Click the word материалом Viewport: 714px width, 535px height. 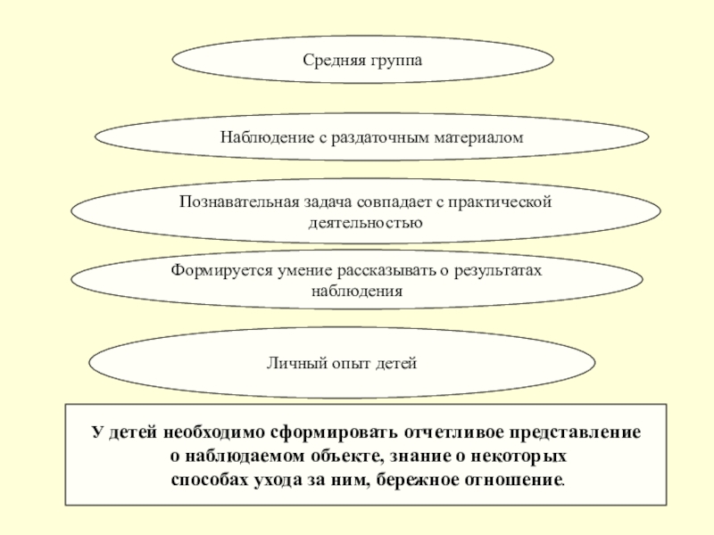tap(478, 138)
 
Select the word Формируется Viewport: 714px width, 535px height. tap(220, 270)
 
